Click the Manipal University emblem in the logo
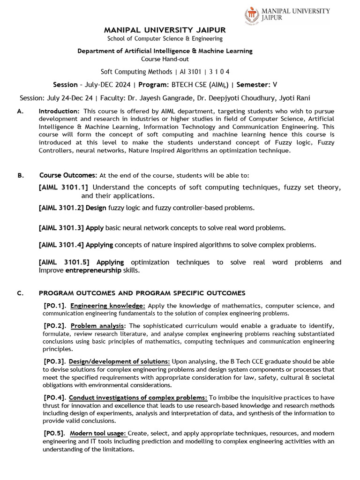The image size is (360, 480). [x=252, y=15]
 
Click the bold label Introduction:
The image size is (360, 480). [x=59, y=111]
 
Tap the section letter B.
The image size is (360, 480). [x=20, y=175]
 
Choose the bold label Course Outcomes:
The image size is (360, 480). [x=68, y=175]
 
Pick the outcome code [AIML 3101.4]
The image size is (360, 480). [x=61, y=245]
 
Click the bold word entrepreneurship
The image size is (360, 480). [x=93, y=270]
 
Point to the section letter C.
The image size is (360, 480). [x=20, y=293]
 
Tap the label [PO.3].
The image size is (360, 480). [x=54, y=361]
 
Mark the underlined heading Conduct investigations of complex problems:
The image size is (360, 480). [x=138, y=397]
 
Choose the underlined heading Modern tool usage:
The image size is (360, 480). [x=98, y=433]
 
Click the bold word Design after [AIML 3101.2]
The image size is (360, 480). [x=96, y=208]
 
